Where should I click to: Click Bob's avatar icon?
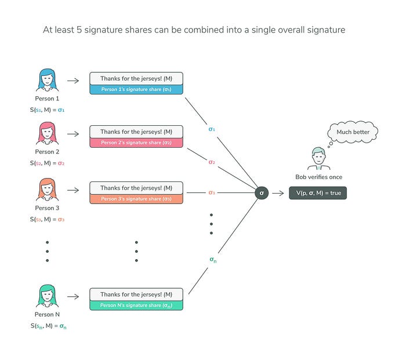pos(317,158)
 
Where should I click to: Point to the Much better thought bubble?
pos(353,133)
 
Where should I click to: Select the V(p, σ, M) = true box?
pos(317,193)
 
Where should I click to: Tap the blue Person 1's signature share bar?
pos(136,89)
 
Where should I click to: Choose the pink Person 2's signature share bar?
pos(136,143)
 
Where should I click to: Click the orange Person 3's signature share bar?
pos(136,199)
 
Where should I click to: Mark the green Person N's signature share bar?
pos(136,306)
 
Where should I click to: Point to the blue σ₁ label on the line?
pos(212,129)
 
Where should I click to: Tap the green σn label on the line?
pos(213,260)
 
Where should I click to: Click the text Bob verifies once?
pos(317,176)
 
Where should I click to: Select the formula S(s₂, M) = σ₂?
pos(48,163)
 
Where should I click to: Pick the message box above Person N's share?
pos(136,294)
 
